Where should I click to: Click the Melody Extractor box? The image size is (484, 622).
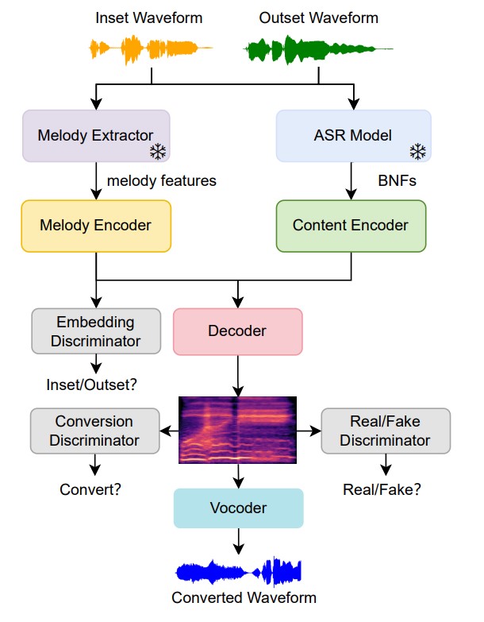[96, 135]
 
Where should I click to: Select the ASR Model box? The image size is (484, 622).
[353, 135]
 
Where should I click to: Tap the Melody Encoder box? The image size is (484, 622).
[96, 226]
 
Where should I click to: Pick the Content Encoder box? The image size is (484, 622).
[351, 226]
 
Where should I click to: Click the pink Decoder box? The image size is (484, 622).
[238, 330]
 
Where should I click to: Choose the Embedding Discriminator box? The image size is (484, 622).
[96, 331]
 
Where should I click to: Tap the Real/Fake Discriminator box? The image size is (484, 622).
[386, 431]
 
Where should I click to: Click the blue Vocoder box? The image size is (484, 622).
[238, 508]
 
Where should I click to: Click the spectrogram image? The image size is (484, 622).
[238, 430]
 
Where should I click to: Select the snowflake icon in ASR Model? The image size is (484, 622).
[417, 152]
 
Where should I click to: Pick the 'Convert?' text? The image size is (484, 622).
[90, 489]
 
